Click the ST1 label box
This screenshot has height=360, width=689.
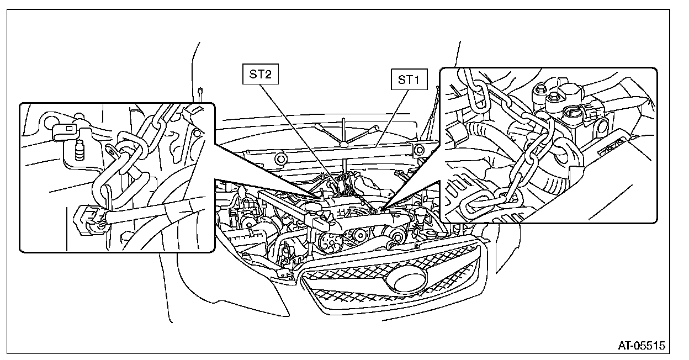click(x=409, y=80)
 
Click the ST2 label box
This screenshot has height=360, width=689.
click(x=260, y=75)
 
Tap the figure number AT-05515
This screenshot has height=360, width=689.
click(x=642, y=346)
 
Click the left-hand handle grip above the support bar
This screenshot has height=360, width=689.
click(x=322, y=129)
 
